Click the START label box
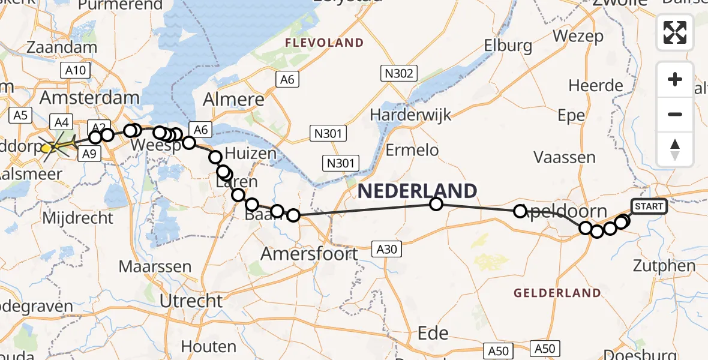[649, 207]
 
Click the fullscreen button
[675, 32]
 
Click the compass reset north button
[675, 149]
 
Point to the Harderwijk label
[410, 114]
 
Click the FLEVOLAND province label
[324, 43]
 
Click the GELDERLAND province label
[557, 293]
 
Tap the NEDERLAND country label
[418, 191]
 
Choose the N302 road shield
[398, 73]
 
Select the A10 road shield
[75, 70]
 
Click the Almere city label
[234, 100]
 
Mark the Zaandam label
[70, 47]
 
